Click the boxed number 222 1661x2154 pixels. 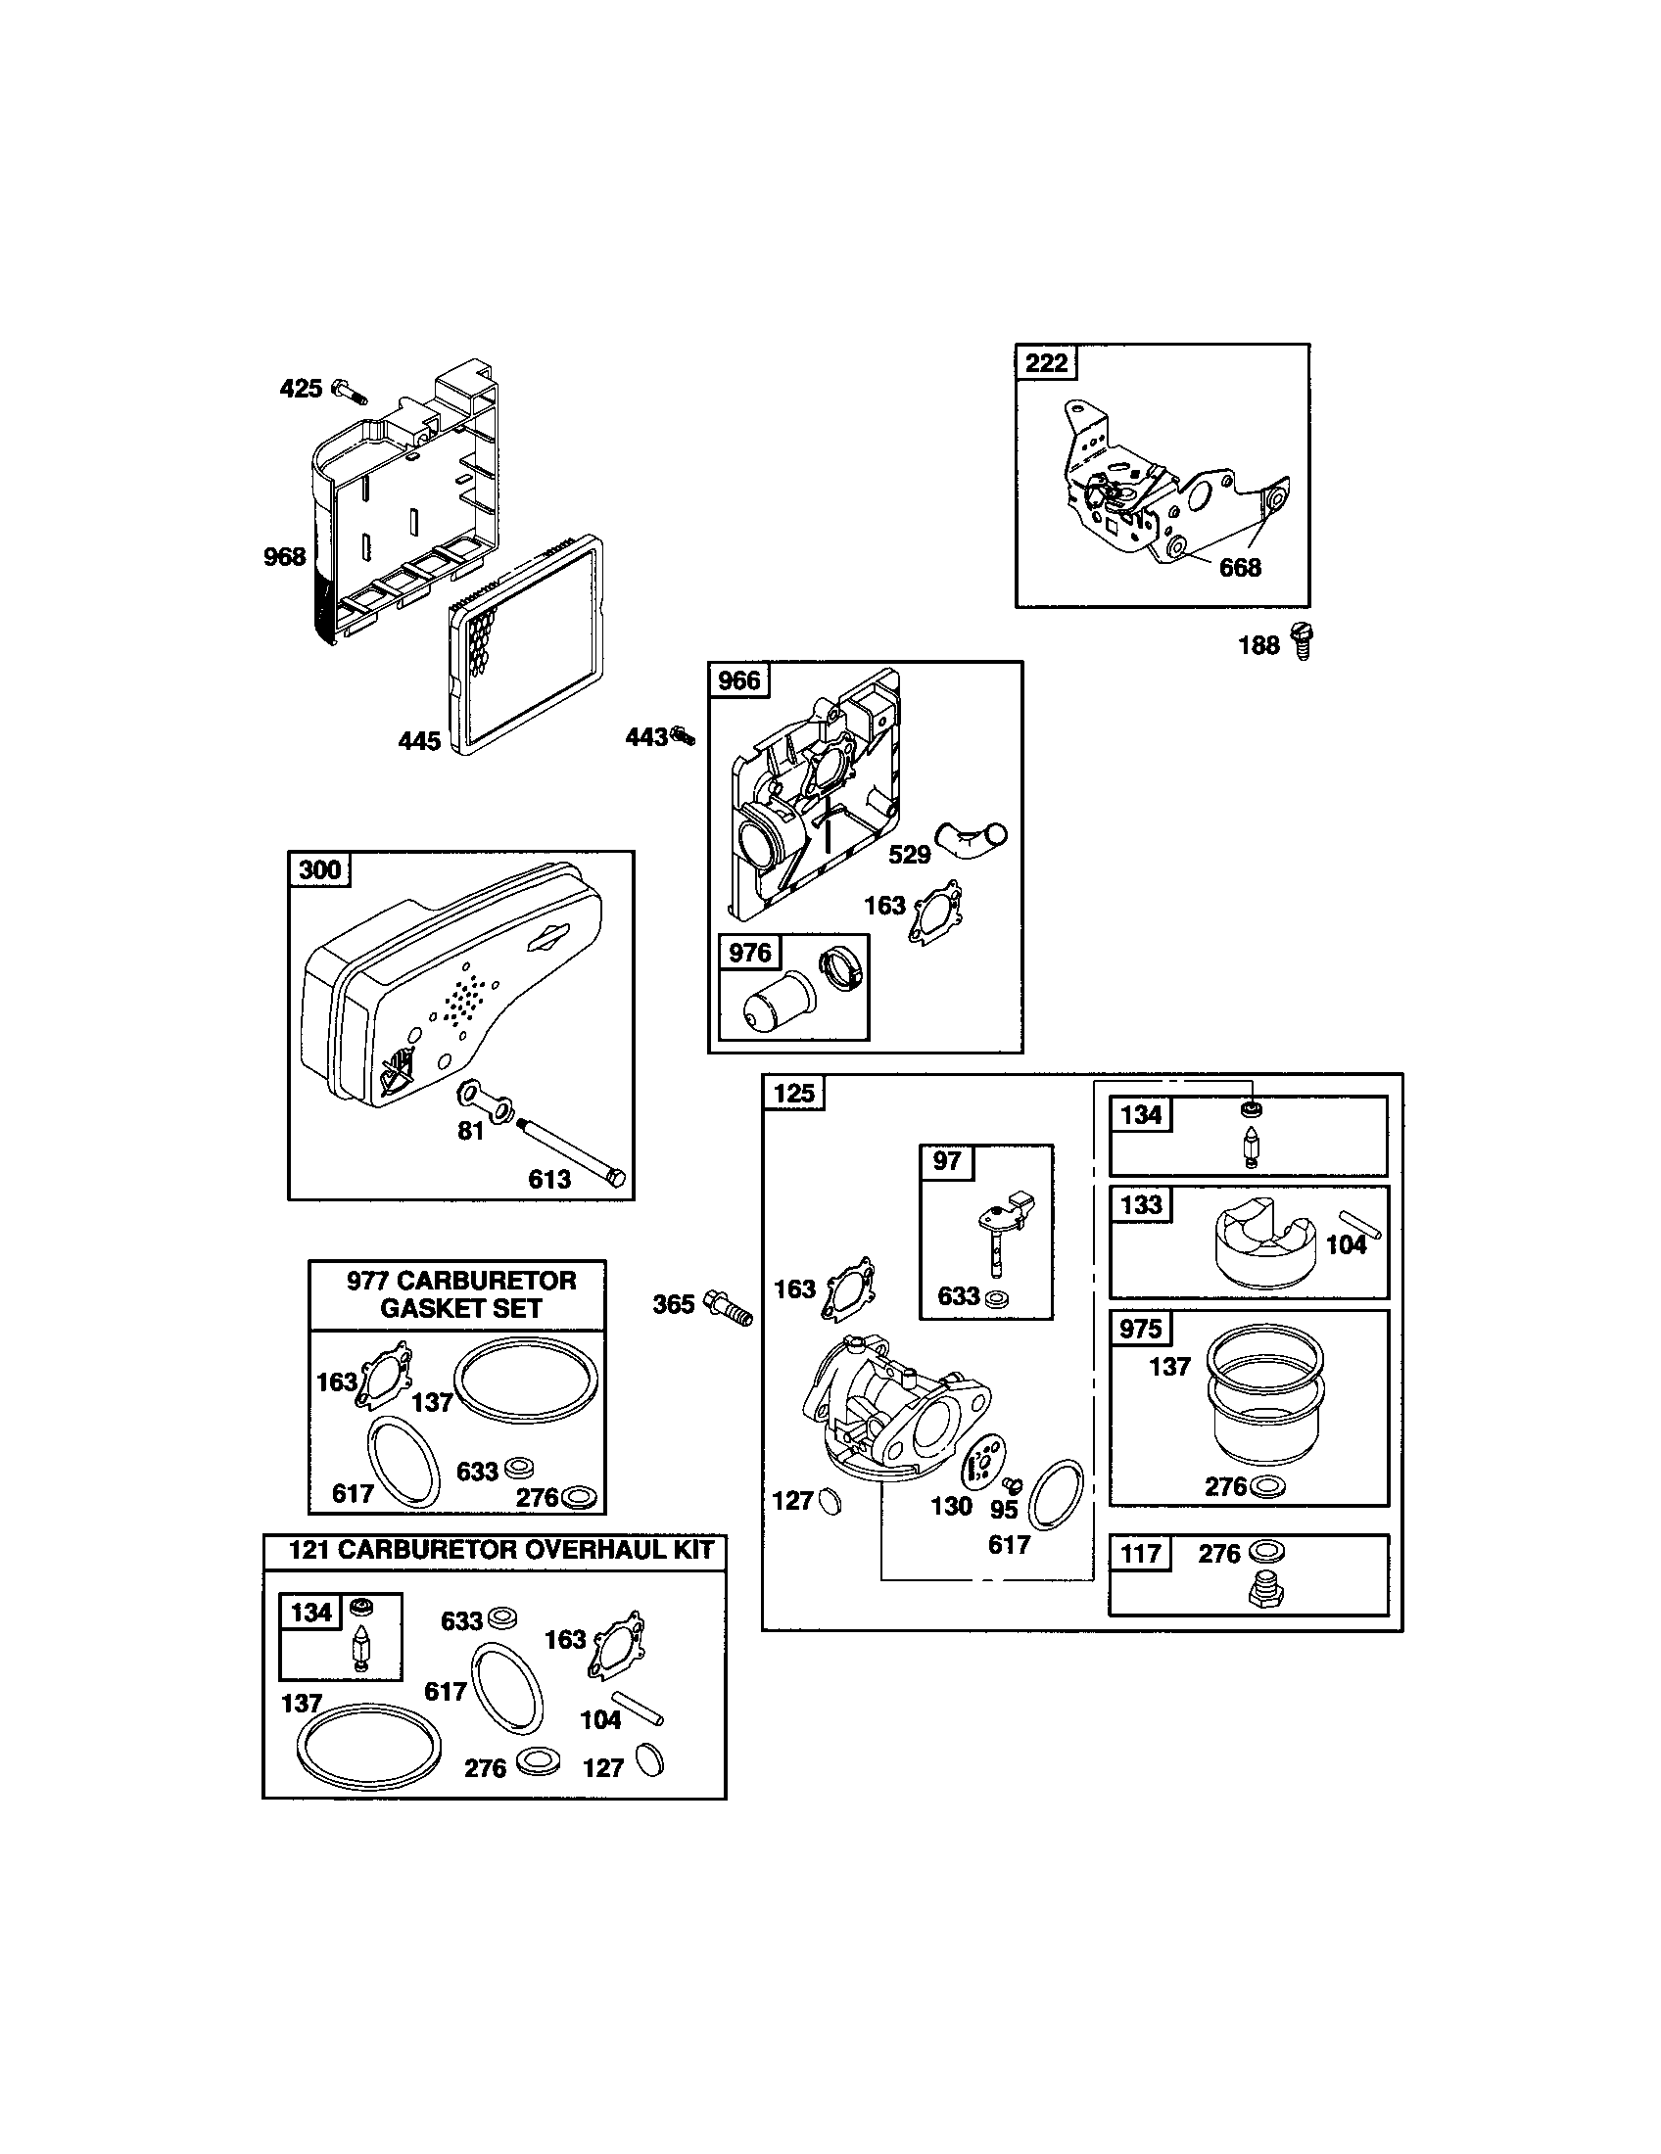click(1047, 362)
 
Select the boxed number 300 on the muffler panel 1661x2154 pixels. click(319, 868)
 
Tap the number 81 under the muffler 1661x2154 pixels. click(470, 1130)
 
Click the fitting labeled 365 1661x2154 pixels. click(730, 1308)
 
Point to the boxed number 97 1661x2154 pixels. click(947, 1161)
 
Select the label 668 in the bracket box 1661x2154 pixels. click(1240, 567)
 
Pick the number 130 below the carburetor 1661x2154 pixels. click(951, 1506)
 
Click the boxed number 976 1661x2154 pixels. click(749, 953)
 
